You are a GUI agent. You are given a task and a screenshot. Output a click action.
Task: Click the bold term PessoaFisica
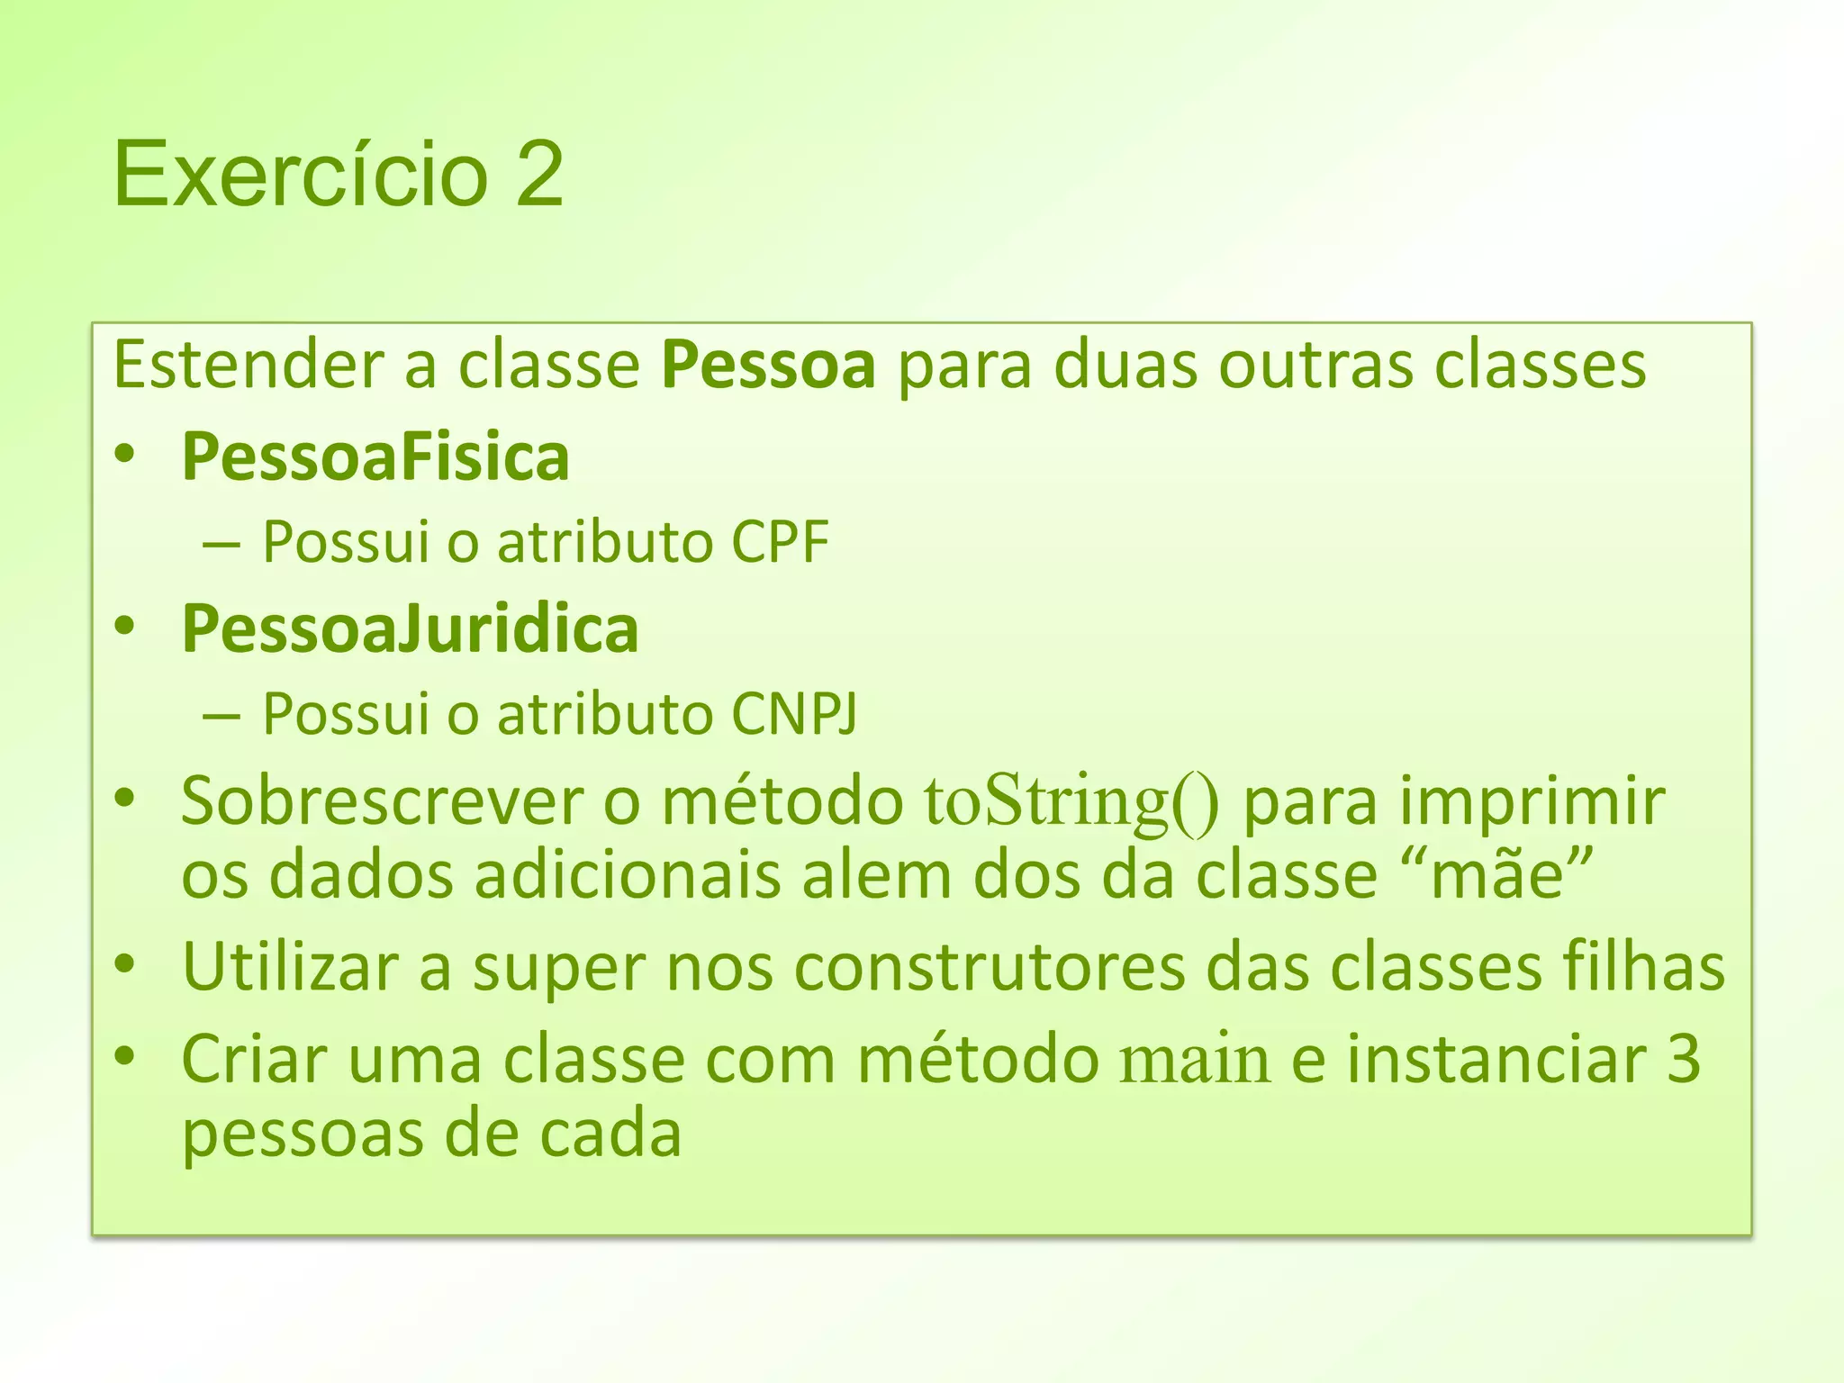click(375, 457)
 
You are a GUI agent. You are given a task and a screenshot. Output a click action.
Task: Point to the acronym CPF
click(780, 543)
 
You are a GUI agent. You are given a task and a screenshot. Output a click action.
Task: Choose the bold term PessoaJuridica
click(411, 629)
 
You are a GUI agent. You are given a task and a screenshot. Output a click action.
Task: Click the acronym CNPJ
click(794, 715)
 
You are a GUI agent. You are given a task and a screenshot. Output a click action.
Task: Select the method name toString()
click(1071, 802)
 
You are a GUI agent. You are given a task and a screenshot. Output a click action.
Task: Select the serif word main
click(1195, 1061)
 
